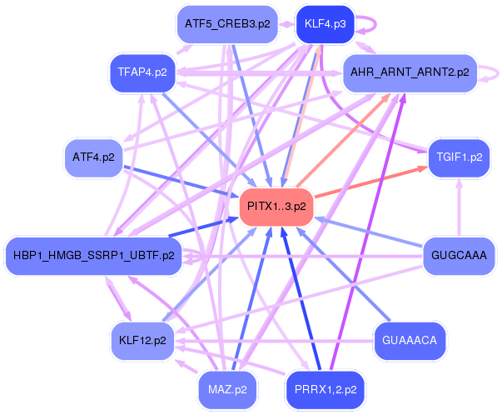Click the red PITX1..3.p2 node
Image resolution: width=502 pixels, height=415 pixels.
pos(276,206)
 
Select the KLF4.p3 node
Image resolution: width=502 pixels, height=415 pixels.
pos(325,23)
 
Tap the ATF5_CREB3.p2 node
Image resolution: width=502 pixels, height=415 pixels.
pos(226,23)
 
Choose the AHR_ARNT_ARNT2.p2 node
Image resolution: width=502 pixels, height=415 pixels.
pos(410,72)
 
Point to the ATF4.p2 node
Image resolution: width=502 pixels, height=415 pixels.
pos(93,157)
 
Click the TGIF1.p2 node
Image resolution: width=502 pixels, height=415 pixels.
pos(459,157)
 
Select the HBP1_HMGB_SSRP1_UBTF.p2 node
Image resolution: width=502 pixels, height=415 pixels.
pos(93,255)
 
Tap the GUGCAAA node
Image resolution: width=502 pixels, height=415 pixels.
pos(459,255)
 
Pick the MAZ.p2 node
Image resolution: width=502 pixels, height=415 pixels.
pos(226,388)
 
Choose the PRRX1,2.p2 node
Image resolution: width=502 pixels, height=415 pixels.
pos(325,388)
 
